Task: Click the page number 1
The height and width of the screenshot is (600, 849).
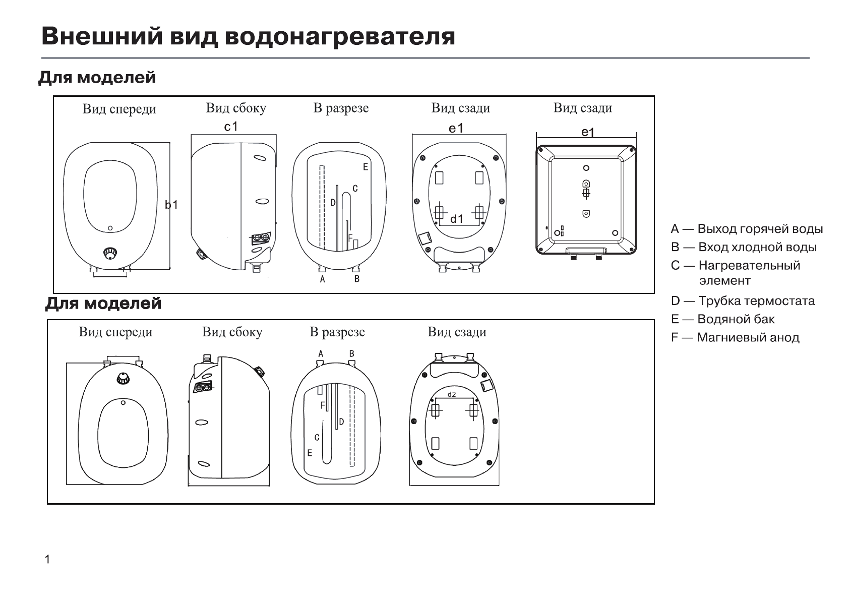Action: tap(47, 559)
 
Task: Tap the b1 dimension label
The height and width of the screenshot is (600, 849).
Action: tap(171, 205)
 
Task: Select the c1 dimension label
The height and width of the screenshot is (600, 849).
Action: tap(231, 127)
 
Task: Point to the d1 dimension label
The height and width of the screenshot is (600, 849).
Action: tap(457, 219)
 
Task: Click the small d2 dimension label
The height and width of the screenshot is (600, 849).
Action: tap(451, 394)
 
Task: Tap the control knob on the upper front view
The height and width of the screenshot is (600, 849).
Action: tap(110, 253)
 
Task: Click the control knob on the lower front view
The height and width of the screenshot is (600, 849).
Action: tap(123, 378)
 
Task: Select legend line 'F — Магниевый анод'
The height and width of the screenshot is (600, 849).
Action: tap(735, 337)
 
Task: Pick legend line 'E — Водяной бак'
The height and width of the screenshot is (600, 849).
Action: tap(723, 319)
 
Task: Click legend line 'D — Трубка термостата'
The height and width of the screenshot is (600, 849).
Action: tap(743, 301)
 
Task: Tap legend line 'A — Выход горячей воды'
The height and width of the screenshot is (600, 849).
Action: tap(747, 229)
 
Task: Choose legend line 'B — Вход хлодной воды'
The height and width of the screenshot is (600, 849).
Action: tap(744, 247)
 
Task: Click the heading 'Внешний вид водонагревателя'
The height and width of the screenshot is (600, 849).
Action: tap(248, 36)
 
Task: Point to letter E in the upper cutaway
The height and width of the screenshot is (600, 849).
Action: tap(366, 167)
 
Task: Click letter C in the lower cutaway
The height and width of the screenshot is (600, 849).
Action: tap(317, 438)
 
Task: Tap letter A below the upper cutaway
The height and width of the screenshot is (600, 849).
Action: tap(323, 279)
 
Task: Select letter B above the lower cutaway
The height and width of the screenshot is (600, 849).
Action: tap(352, 353)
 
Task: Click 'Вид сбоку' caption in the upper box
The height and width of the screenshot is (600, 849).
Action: tap(236, 108)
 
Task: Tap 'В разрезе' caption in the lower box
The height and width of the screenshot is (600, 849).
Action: tap(337, 332)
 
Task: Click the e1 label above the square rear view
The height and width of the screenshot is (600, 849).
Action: tap(588, 132)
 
